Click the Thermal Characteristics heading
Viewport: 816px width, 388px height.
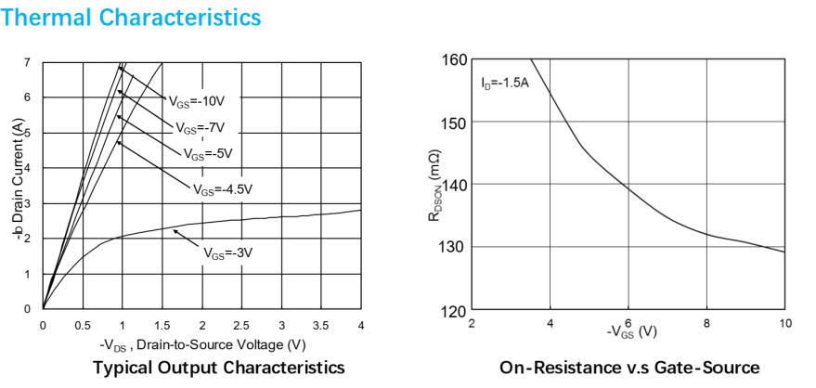pyautogui.click(x=131, y=17)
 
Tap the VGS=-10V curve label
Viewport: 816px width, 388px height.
pyautogui.click(x=197, y=100)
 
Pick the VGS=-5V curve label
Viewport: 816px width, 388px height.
pyautogui.click(x=208, y=153)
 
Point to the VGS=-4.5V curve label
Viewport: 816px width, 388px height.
pyautogui.click(x=222, y=188)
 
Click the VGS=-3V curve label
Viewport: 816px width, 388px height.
pyautogui.click(x=228, y=251)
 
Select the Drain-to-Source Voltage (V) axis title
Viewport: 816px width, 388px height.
pyautogui.click(x=201, y=345)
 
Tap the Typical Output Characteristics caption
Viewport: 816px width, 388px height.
pyautogui.click(x=219, y=368)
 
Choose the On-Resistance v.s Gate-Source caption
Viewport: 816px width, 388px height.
pyautogui.click(x=628, y=368)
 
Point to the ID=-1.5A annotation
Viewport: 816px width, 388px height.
pyautogui.click(x=505, y=84)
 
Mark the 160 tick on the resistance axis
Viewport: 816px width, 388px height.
pyautogui.click(x=453, y=59)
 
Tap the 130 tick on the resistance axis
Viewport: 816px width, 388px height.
pyautogui.click(x=453, y=247)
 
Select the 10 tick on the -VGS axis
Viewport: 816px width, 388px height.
pyautogui.click(x=784, y=323)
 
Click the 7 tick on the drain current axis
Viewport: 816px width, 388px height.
pyautogui.click(x=28, y=62)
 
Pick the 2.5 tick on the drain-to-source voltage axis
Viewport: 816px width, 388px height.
pyautogui.click(x=241, y=325)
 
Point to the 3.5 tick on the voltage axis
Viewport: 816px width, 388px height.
pyautogui.click(x=321, y=325)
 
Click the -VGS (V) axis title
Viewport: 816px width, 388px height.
pyautogui.click(x=631, y=331)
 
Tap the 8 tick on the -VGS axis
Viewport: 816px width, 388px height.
pyautogui.click(x=706, y=323)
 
